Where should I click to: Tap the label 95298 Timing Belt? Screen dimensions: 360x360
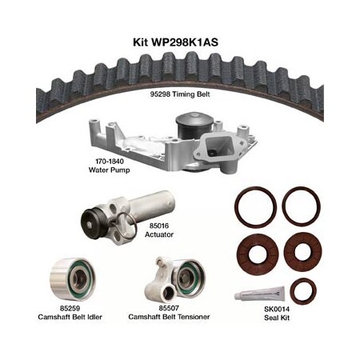tap(180, 94)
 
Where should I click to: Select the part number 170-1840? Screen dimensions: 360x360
tap(110, 162)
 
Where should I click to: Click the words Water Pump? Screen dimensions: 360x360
tap(110, 170)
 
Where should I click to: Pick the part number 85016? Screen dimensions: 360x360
tap(159, 226)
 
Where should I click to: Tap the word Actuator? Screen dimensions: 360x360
tap(159, 234)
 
